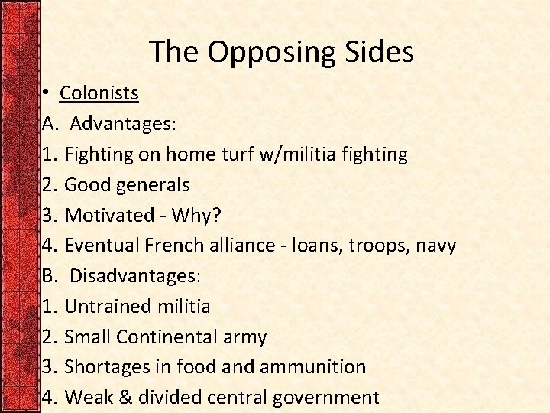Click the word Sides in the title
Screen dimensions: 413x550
click(x=380, y=51)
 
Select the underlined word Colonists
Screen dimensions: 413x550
click(x=99, y=93)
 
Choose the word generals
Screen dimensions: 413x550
click(x=154, y=184)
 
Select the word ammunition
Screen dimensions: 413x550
click(x=312, y=367)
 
